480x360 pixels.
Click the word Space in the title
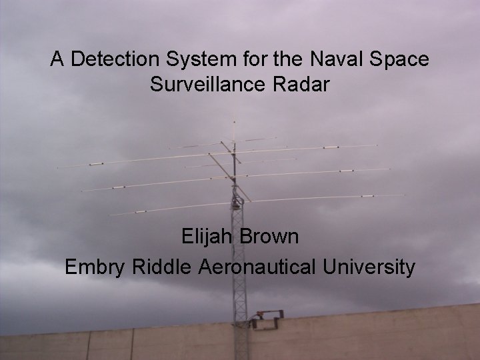(401, 59)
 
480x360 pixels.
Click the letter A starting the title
(57, 59)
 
